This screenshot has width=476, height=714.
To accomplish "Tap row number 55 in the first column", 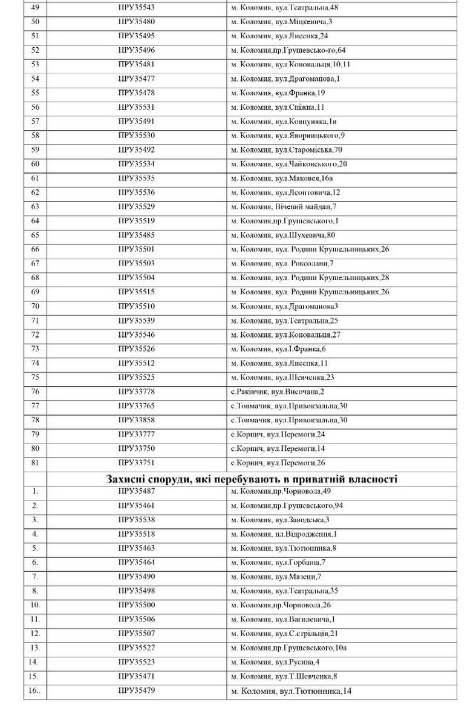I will point(34,93).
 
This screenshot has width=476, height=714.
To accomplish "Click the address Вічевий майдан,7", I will point(284,206).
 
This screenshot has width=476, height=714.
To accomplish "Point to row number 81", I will point(34,463).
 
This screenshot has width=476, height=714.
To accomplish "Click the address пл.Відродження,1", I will point(284,534).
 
